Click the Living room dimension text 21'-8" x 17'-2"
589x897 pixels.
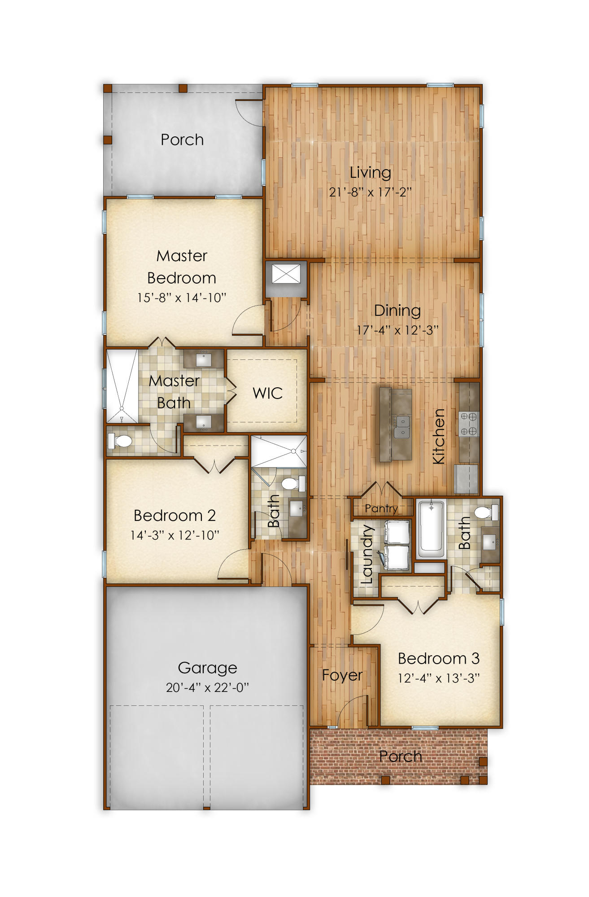pyautogui.click(x=370, y=193)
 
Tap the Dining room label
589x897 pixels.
pyautogui.click(x=397, y=311)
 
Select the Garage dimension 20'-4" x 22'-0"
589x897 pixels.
pyautogui.click(x=207, y=687)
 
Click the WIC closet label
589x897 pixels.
pyautogui.click(x=267, y=394)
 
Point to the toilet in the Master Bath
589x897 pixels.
pyautogui.click(x=120, y=441)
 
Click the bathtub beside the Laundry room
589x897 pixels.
pyautogui.click(x=431, y=528)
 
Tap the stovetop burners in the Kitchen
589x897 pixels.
pyautogui.click(x=469, y=424)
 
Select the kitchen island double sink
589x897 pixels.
pyautogui.click(x=402, y=427)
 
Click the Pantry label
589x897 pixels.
pyautogui.click(x=381, y=508)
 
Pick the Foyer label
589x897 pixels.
pyautogui.click(x=342, y=675)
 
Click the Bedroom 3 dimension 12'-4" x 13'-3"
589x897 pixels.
pyautogui.click(x=438, y=678)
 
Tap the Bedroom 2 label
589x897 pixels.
pyautogui.click(x=175, y=516)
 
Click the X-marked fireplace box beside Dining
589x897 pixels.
pyautogui.click(x=286, y=274)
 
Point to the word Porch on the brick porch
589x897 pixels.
pyautogui.click(x=400, y=757)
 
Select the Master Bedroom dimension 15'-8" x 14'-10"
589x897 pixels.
pyautogui.click(x=182, y=298)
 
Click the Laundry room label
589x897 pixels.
pyautogui.click(x=367, y=554)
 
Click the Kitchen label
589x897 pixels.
pyautogui.click(x=438, y=436)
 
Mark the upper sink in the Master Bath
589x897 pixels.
pyautogui.click(x=204, y=359)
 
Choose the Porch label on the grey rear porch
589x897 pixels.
pyautogui.click(x=182, y=140)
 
